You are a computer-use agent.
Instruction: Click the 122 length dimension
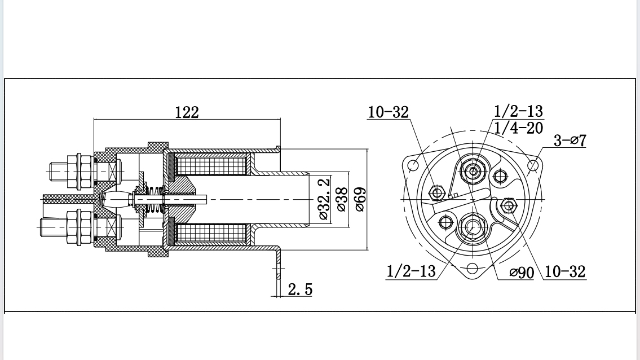pyautogui.click(x=187, y=112)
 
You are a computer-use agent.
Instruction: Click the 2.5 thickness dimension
pyautogui.click(x=299, y=289)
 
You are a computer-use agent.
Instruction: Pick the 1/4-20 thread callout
pyautogui.click(x=518, y=128)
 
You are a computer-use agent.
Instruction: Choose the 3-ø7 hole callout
pyautogui.click(x=570, y=140)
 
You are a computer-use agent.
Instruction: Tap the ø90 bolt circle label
pyautogui.click(x=521, y=273)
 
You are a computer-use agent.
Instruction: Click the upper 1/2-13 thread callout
pyautogui.click(x=518, y=111)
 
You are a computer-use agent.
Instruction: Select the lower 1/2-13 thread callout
pyautogui.click(x=411, y=271)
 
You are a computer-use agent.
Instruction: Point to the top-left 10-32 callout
pyautogui.click(x=388, y=112)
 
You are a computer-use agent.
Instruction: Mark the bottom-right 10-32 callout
pyautogui.click(x=566, y=272)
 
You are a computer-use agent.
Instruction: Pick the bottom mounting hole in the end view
pyautogui.click(x=473, y=268)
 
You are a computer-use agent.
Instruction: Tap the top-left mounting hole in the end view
pyautogui.click(x=413, y=165)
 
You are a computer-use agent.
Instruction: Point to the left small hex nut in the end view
pyautogui.click(x=436, y=193)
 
